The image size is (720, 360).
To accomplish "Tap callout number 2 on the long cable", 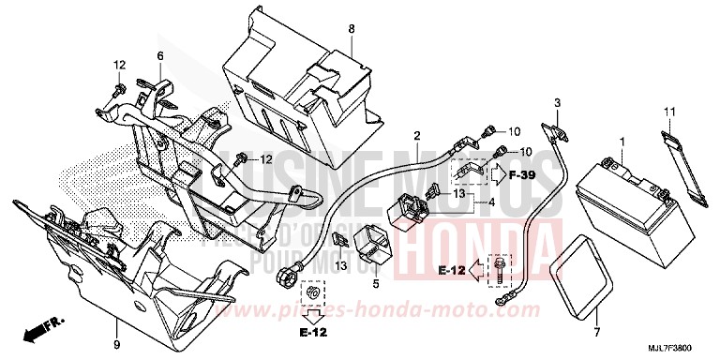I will click(417, 137).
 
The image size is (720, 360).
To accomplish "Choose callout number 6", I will click(160, 57).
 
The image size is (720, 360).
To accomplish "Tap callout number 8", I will click(352, 29).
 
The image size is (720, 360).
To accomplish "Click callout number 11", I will click(669, 112).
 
